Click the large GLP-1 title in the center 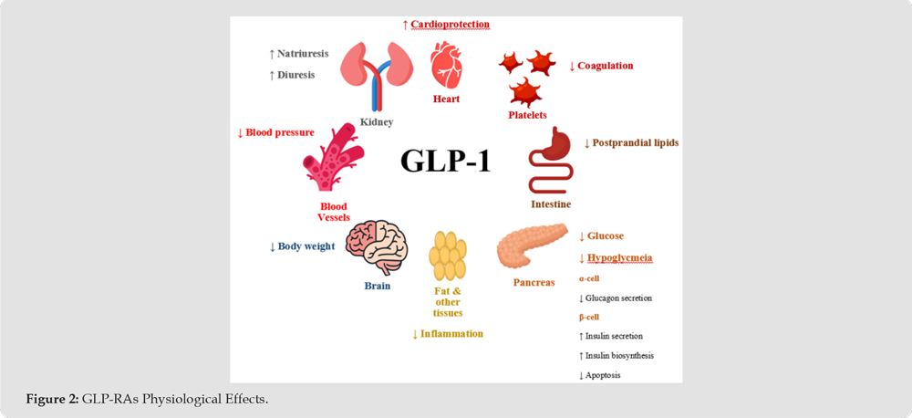[446, 160]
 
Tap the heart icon [446, 65]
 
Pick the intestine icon [551, 160]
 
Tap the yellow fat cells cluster [447, 256]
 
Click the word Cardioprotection [450, 25]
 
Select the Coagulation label [606, 66]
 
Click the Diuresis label [296, 75]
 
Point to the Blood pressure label [279, 132]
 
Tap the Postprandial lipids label [635, 142]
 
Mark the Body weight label [306, 246]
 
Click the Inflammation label [451, 334]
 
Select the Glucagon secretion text [618, 298]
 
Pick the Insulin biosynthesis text [619, 355]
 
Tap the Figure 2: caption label [52, 399]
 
